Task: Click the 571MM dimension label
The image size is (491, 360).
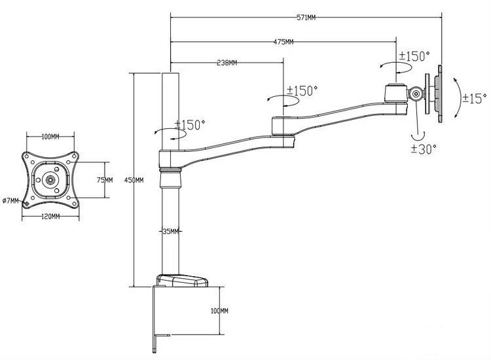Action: (x=306, y=18)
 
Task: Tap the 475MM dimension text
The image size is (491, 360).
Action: (x=283, y=42)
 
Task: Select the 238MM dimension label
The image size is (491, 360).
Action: (x=227, y=63)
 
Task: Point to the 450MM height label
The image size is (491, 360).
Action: (x=134, y=180)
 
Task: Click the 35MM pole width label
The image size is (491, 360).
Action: (x=171, y=231)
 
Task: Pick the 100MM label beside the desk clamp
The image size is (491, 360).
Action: (x=219, y=311)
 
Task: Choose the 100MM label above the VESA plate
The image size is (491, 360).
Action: (x=50, y=137)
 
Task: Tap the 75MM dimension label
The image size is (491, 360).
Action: (x=105, y=180)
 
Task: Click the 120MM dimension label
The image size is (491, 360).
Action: (x=50, y=216)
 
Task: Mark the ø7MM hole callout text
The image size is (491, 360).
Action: (x=10, y=201)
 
